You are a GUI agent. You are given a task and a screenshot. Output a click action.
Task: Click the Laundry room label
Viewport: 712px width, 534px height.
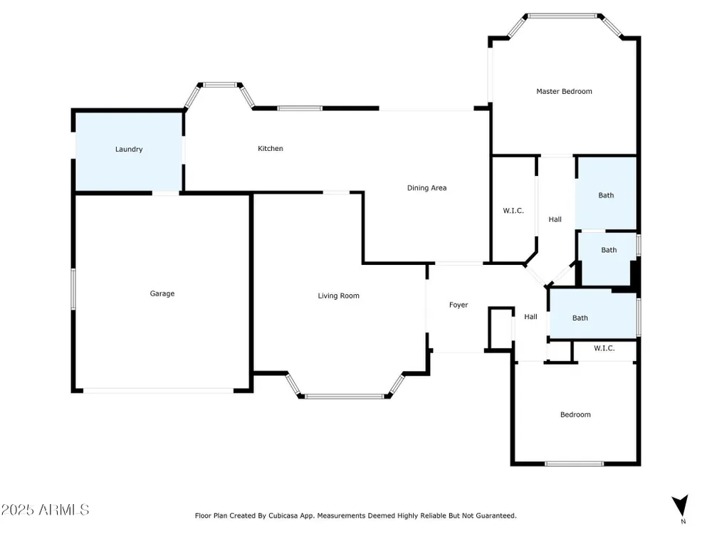(129, 150)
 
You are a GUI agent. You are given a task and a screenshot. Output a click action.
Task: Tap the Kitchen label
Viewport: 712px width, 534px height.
(271, 149)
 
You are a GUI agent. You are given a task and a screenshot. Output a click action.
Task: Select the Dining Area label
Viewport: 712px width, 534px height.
(426, 188)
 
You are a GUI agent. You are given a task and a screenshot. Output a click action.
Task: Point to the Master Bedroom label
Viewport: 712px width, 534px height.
(565, 91)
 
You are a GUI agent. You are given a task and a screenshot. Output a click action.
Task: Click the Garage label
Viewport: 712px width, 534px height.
(162, 294)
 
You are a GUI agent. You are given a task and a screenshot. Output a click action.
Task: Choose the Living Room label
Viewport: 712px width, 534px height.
(339, 296)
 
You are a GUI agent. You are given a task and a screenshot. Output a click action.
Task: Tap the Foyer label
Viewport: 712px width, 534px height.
(459, 305)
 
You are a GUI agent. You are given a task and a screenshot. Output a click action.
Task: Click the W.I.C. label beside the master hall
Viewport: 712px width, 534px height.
(513, 211)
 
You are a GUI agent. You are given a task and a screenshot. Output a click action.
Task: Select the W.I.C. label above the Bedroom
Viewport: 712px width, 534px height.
(604, 348)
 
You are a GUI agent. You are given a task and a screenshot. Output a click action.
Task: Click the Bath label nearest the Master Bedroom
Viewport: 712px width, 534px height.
(606, 195)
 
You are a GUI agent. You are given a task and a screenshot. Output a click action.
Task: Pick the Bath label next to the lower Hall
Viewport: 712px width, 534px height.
(580, 318)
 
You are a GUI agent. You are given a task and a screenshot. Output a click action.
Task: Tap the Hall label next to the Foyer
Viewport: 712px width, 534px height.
(531, 317)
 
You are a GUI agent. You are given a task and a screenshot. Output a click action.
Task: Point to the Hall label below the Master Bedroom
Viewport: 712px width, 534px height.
(555, 219)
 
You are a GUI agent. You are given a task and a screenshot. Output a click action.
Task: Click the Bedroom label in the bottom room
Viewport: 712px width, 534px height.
(576, 414)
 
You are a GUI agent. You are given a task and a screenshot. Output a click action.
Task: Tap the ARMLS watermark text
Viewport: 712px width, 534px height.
(45, 510)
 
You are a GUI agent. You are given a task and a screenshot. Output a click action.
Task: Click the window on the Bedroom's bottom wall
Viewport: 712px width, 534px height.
(575, 464)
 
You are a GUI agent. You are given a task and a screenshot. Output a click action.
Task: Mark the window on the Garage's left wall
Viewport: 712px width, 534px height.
(73, 289)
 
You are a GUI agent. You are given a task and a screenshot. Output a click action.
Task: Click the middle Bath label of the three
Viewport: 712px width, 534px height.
(609, 250)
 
